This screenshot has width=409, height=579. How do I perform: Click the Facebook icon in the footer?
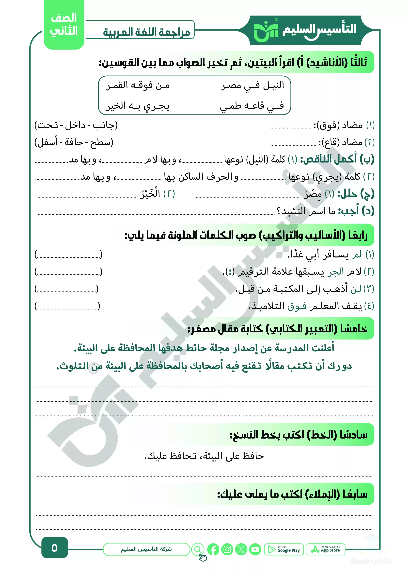(x=213, y=549)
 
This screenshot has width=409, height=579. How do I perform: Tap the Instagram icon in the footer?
(x=227, y=549)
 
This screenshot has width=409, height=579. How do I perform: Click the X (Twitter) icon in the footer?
(x=241, y=549)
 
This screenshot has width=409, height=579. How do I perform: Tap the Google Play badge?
(x=284, y=549)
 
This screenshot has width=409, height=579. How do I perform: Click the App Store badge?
(x=325, y=549)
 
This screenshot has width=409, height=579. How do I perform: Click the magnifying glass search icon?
(x=198, y=549)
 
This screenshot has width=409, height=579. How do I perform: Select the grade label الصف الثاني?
(x=64, y=24)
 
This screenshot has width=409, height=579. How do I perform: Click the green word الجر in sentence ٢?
(x=336, y=272)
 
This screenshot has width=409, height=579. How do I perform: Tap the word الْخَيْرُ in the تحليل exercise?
(x=150, y=193)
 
